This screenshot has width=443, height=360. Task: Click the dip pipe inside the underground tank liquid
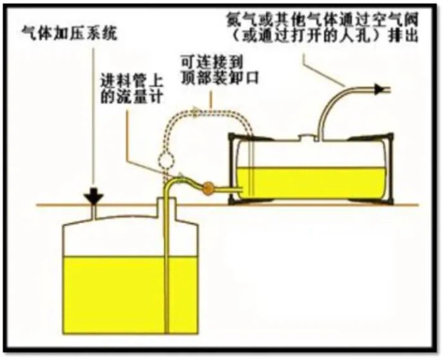[168, 297]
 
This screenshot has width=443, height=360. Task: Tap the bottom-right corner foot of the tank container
[384, 202]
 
